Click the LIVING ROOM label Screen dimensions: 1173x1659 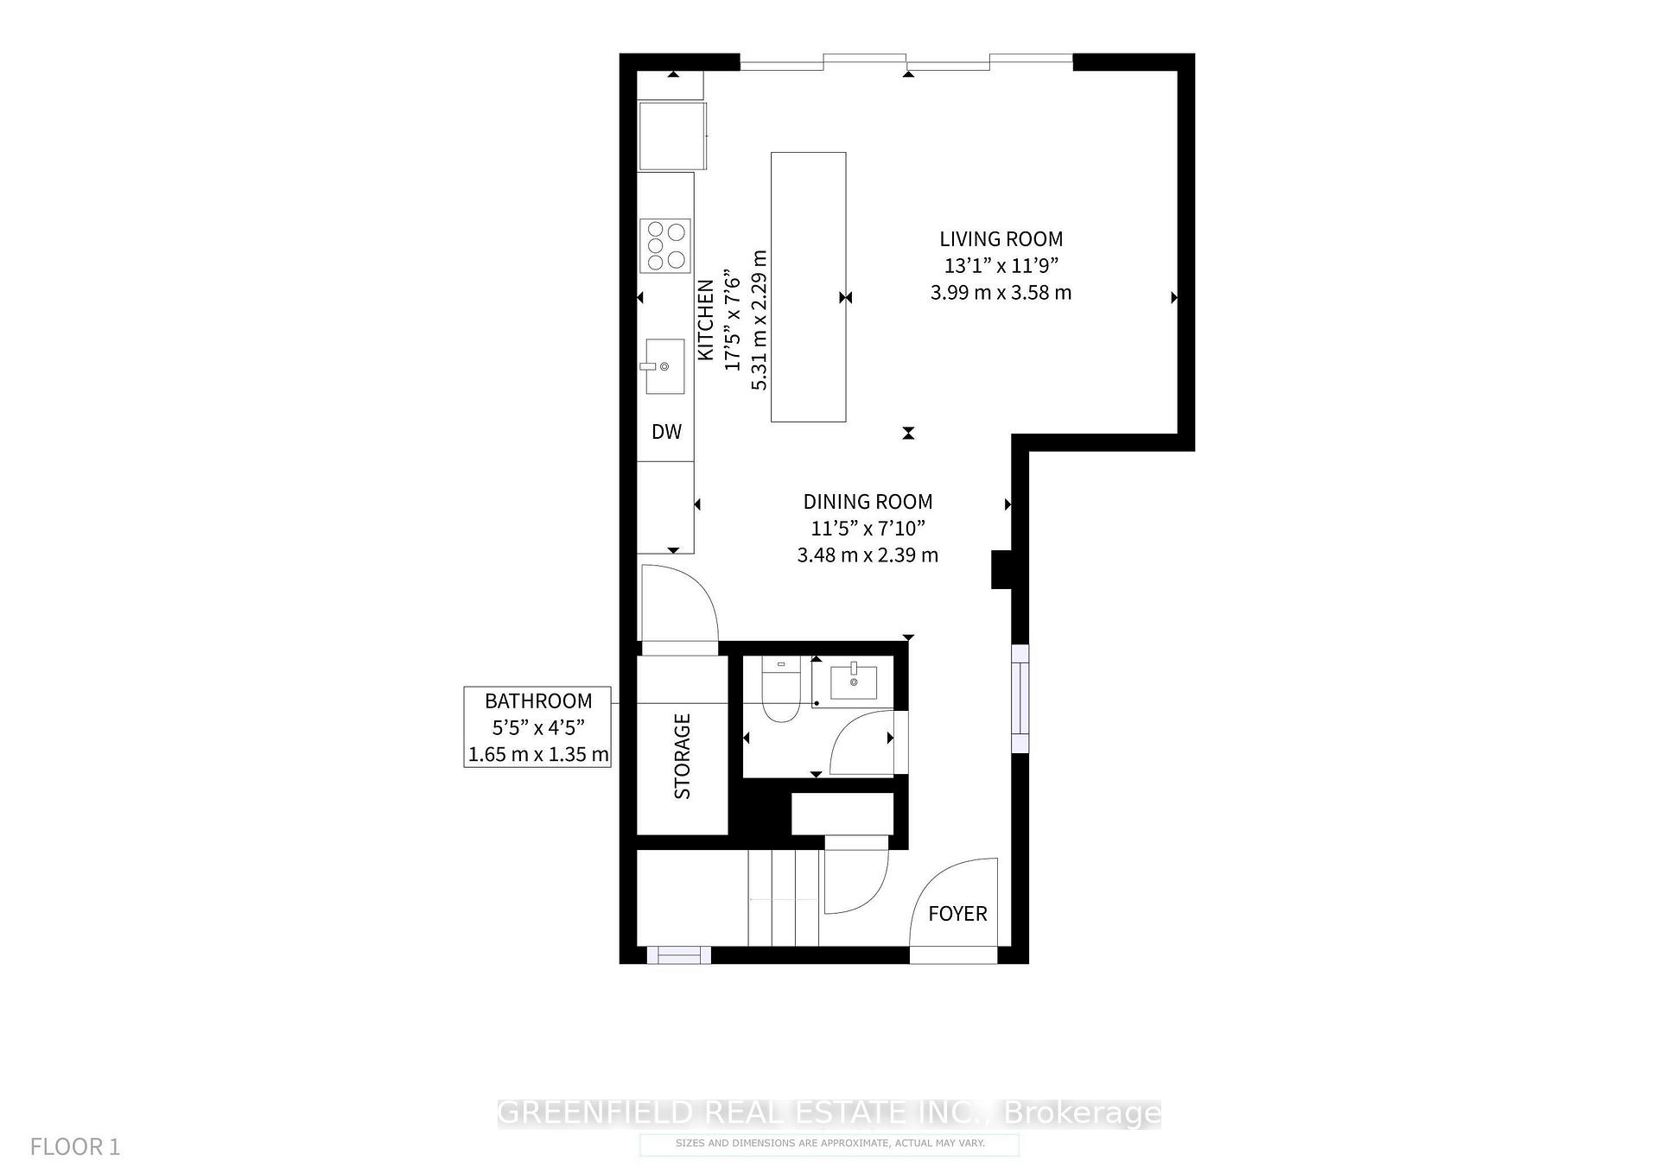tap(1001, 239)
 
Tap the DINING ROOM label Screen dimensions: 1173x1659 tap(868, 502)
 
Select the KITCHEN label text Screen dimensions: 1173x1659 tap(706, 320)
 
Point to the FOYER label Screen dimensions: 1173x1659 tap(957, 914)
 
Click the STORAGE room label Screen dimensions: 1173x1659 tap(683, 756)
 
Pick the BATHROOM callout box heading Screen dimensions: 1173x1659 tap(537, 701)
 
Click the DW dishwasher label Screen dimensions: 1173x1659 tap(666, 432)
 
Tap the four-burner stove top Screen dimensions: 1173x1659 tap(665, 245)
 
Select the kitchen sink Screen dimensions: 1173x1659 tap(664, 366)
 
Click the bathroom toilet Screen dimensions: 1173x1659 tap(781, 691)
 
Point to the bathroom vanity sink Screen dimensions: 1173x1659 tap(853, 682)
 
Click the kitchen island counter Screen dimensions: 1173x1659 tap(808, 287)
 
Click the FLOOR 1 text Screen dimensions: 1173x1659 tap(75, 1147)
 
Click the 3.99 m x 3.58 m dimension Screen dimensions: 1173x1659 tap(1001, 293)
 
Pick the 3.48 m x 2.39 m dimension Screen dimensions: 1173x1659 tap(868, 555)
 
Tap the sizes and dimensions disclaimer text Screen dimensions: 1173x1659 tap(829, 1144)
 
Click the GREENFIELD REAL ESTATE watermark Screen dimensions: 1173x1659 tap(829, 1113)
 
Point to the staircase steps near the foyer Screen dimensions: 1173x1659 tap(783, 898)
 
